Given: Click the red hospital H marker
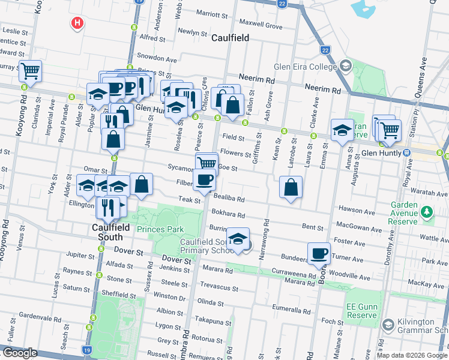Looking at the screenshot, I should click(77, 23).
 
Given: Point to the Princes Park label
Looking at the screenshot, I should click(160, 229).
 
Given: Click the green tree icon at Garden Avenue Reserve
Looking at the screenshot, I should click(426, 212).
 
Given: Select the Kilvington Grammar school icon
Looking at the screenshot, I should click(387, 325).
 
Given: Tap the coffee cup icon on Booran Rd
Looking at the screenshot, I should click(319, 253).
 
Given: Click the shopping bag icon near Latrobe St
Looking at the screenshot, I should click(291, 187).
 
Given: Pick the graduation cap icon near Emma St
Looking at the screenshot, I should click(342, 129).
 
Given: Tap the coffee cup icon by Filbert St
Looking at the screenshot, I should click(204, 179).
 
